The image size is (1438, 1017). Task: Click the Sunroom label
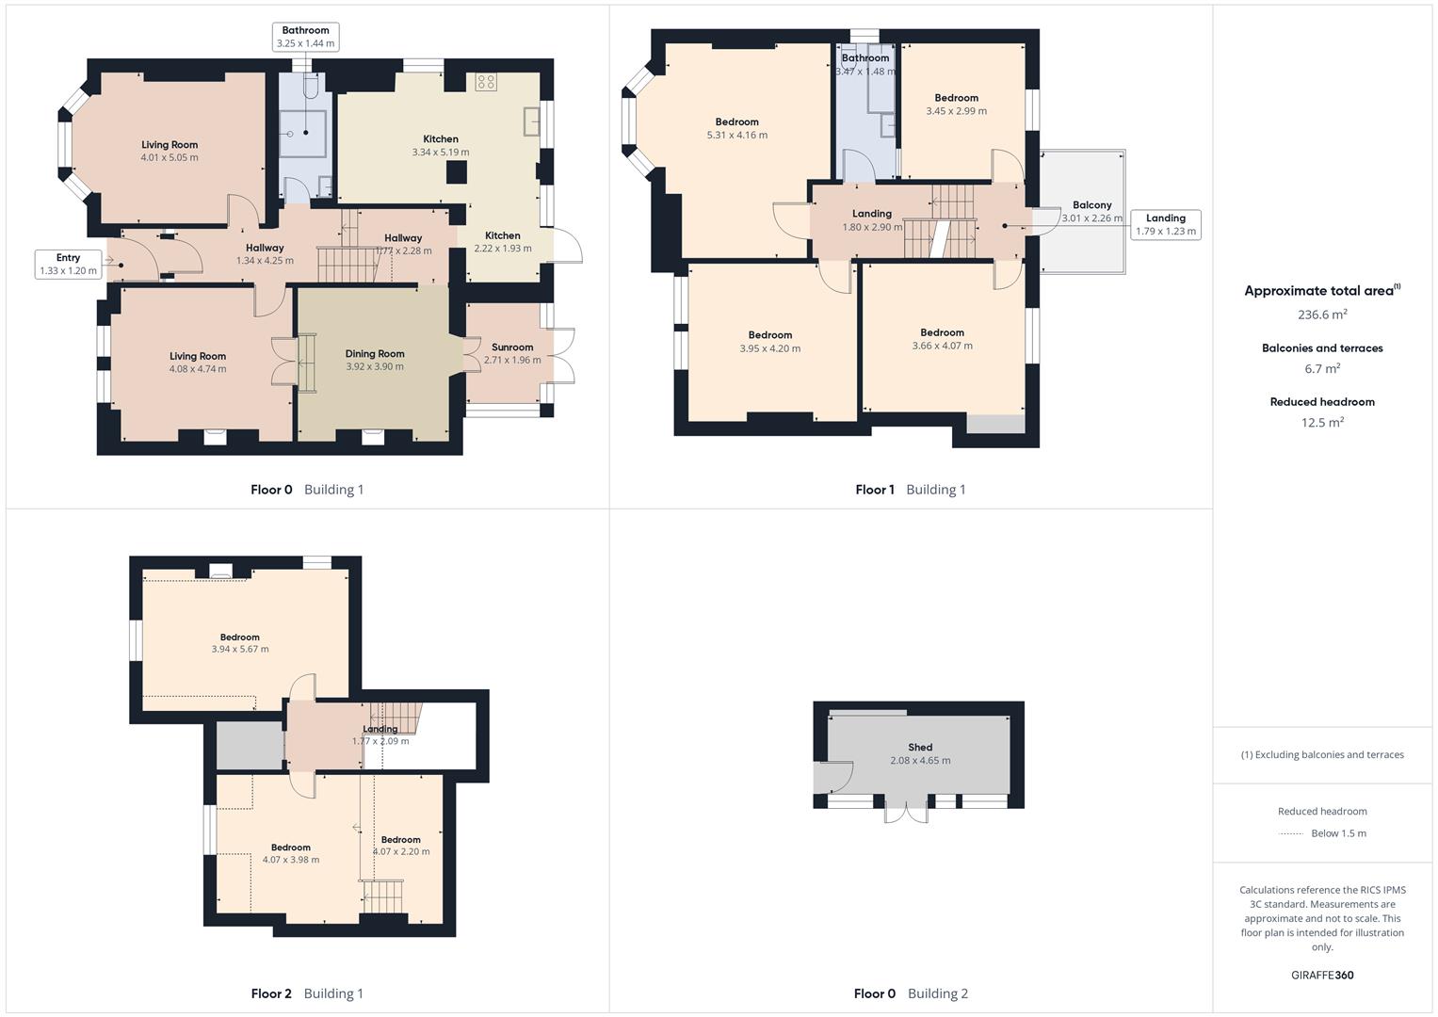click(512, 347)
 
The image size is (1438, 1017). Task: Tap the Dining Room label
click(375, 354)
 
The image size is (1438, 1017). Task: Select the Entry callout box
click(68, 264)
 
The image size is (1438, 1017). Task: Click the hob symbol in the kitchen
click(486, 82)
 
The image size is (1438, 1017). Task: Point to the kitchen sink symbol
click(531, 122)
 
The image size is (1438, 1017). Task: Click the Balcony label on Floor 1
click(1092, 205)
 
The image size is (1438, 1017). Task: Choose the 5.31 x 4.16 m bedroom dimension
click(737, 136)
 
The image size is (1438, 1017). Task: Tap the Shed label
click(920, 748)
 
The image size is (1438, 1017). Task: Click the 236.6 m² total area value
click(1322, 314)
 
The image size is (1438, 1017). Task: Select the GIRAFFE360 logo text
click(1322, 975)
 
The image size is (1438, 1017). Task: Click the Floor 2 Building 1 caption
click(307, 993)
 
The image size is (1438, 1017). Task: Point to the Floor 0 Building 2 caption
click(911, 993)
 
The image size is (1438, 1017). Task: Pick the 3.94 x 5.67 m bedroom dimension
click(240, 649)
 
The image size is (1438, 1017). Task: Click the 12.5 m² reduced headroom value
click(1322, 422)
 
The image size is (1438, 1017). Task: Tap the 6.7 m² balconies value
click(1322, 368)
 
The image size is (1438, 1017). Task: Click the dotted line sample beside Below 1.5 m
click(1290, 834)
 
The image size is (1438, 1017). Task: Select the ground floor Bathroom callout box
click(305, 37)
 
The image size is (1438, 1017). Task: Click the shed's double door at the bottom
click(907, 813)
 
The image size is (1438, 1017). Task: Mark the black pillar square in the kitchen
click(457, 172)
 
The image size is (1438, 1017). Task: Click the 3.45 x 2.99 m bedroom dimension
click(957, 111)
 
